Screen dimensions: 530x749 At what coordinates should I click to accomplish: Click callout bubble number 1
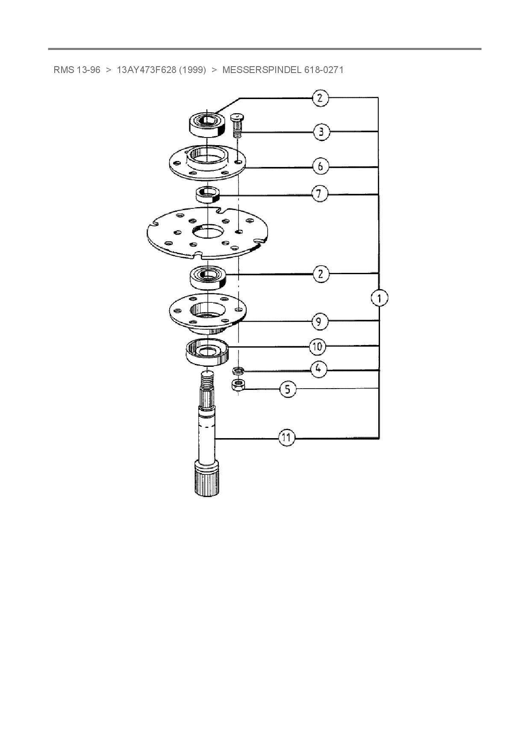click(380, 298)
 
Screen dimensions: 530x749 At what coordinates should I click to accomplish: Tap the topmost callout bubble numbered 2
click(320, 98)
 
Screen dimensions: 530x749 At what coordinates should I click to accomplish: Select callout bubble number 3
click(321, 132)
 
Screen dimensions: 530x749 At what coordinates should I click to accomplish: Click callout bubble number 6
click(321, 166)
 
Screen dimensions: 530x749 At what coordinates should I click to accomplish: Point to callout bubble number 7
click(319, 194)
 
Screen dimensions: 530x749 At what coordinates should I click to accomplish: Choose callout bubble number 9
click(319, 321)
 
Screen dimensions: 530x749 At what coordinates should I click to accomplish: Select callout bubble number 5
click(288, 389)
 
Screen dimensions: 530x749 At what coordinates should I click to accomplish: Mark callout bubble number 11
click(286, 438)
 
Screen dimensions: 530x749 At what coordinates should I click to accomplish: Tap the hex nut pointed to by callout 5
click(238, 385)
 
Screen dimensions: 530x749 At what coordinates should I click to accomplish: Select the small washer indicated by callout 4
click(238, 369)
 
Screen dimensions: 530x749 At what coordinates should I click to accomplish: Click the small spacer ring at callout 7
click(207, 195)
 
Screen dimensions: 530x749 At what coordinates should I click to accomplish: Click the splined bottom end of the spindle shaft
click(207, 480)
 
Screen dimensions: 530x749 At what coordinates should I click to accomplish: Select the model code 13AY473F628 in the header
click(146, 70)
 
